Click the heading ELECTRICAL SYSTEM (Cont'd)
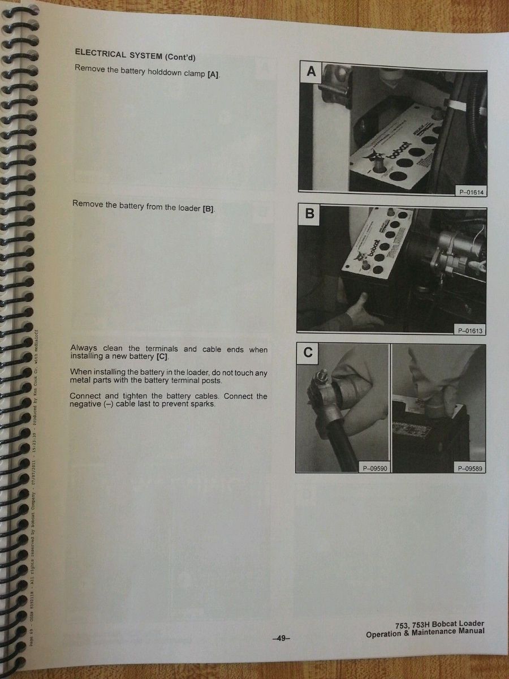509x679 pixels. (135, 55)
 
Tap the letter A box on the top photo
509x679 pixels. (310, 71)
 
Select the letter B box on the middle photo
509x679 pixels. (309, 214)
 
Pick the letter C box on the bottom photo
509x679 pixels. (308, 353)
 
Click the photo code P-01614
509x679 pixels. (471, 192)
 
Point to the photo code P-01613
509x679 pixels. (469, 330)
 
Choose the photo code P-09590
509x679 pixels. (374, 468)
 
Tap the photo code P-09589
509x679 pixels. (469, 468)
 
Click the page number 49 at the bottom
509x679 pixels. (281, 638)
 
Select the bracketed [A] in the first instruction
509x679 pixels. (213, 74)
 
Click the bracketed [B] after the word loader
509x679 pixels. (208, 209)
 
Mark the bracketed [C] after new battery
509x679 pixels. (161, 357)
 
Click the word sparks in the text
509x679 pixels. (203, 404)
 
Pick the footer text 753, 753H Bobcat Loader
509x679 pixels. (439, 624)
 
